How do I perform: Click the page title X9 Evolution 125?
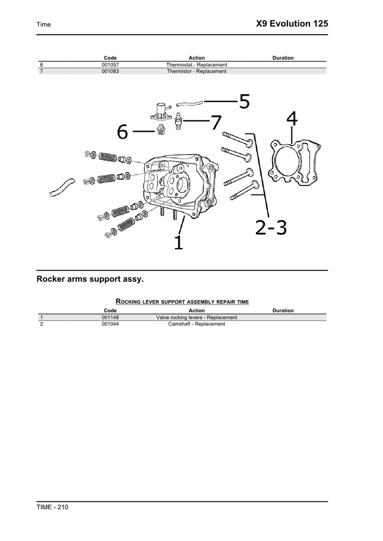click(292, 24)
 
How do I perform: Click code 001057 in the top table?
click(110, 65)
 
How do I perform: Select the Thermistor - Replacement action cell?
click(196, 71)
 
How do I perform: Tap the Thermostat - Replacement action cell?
click(196, 65)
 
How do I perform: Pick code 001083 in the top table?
click(110, 71)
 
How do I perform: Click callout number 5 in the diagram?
click(244, 101)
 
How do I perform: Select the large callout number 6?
click(123, 132)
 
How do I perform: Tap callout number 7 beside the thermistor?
click(216, 123)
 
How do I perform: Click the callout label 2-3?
click(271, 228)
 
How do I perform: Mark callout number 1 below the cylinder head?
click(179, 242)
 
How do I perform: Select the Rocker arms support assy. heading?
click(90, 279)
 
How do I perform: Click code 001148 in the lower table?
click(110, 318)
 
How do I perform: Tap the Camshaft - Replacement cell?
click(196, 324)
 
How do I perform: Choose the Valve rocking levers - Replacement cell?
click(196, 318)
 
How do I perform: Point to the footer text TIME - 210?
click(52, 507)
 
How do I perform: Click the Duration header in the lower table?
click(283, 311)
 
